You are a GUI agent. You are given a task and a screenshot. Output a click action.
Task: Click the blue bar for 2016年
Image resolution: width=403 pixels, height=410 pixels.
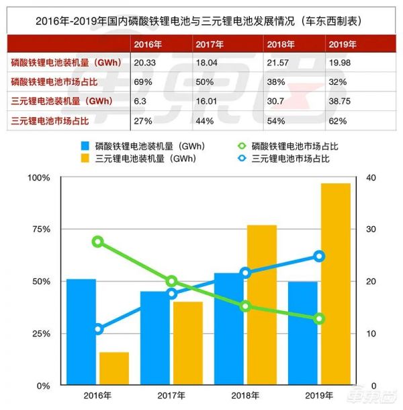tap(81, 331)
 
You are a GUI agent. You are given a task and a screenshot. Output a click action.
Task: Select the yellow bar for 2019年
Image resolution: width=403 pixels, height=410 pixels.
tap(335, 283)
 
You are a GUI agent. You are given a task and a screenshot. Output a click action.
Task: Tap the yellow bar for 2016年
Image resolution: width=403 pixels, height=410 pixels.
tap(114, 368)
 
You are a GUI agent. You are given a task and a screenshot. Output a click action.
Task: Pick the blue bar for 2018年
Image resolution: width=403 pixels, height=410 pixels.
tap(228, 329)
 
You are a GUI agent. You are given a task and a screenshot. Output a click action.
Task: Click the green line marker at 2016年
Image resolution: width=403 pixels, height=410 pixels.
tap(98, 242)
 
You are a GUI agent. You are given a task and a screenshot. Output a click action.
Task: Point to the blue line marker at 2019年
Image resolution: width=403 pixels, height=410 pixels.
tap(319, 256)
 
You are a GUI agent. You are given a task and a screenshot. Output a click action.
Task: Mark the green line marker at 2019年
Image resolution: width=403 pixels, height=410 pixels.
tap(319, 318)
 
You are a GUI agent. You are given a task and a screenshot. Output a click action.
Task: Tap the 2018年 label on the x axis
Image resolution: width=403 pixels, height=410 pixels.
tap(245, 396)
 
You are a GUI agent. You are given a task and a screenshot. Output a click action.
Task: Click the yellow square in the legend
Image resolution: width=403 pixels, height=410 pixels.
tap(85, 160)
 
